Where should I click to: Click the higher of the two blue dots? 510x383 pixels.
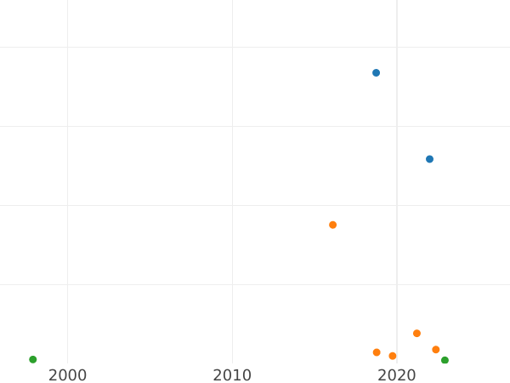(x=376, y=73)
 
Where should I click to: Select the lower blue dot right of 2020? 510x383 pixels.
(x=429, y=159)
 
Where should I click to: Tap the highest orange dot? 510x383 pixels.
(x=332, y=225)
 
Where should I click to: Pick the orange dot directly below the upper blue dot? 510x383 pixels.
(x=377, y=352)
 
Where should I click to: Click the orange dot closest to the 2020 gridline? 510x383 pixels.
(x=393, y=356)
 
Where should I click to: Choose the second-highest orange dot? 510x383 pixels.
(x=416, y=334)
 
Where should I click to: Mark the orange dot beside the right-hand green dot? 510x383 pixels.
(x=436, y=350)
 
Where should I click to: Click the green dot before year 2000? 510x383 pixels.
(x=33, y=359)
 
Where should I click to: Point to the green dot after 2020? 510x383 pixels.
(x=445, y=360)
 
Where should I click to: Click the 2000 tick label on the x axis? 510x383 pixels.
(x=67, y=375)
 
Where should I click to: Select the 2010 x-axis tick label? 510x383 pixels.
(x=232, y=375)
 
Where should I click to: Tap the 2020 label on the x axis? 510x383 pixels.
(x=397, y=375)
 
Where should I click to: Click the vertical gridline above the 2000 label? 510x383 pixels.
(x=67, y=170)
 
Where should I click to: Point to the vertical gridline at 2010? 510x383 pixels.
(x=232, y=170)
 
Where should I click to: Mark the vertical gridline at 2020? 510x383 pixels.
(x=397, y=170)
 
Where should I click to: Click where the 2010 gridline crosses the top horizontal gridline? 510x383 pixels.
(x=232, y=47)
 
